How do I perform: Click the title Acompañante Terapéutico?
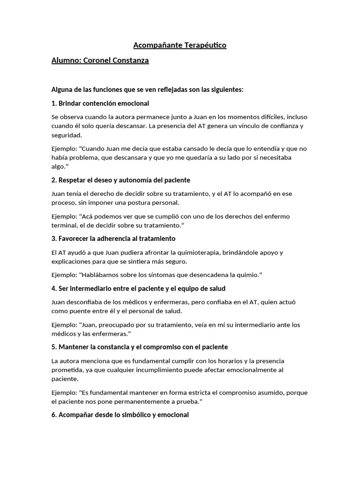click(x=180, y=45)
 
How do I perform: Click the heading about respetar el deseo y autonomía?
click(x=121, y=180)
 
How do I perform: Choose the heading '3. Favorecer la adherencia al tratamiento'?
click(x=113, y=239)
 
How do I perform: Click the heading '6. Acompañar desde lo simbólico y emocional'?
click(x=120, y=415)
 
